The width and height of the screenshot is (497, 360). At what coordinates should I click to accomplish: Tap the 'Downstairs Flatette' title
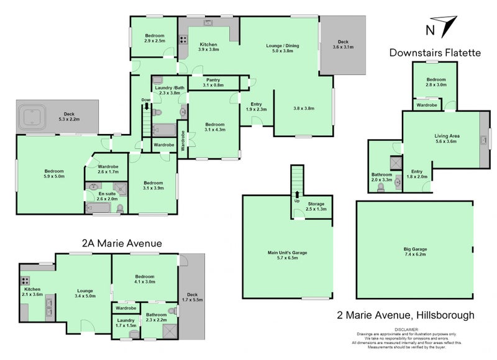pyautogui.click(x=435, y=53)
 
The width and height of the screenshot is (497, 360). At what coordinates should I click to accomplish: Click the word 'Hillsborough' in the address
pyautogui.click(x=444, y=315)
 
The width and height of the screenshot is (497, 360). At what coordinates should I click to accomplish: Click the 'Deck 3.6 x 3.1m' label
pyautogui.click(x=342, y=45)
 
